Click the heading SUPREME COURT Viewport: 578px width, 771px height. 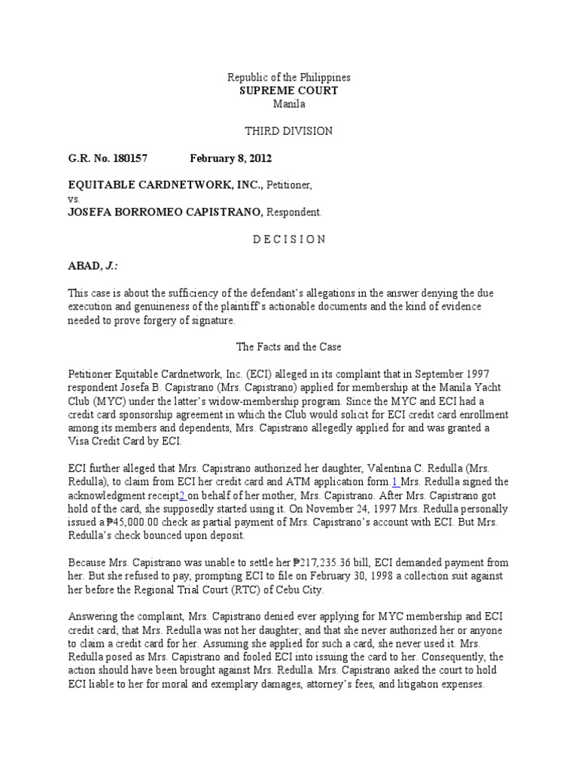pyautogui.click(x=289, y=91)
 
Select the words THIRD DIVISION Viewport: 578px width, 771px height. pyautogui.click(x=289, y=131)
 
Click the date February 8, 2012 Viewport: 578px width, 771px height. pyautogui.click(x=230, y=158)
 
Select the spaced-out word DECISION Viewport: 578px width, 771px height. pyautogui.click(x=289, y=239)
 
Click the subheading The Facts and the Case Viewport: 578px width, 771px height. pyautogui.click(x=289, y=348)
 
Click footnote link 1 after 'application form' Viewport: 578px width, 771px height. pyautogui.click(x=394, y=482)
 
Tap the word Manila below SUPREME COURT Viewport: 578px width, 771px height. pyautogui.click(x=289, y=104)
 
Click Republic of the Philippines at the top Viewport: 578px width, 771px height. pyautogui.click(x=289, y=78)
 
